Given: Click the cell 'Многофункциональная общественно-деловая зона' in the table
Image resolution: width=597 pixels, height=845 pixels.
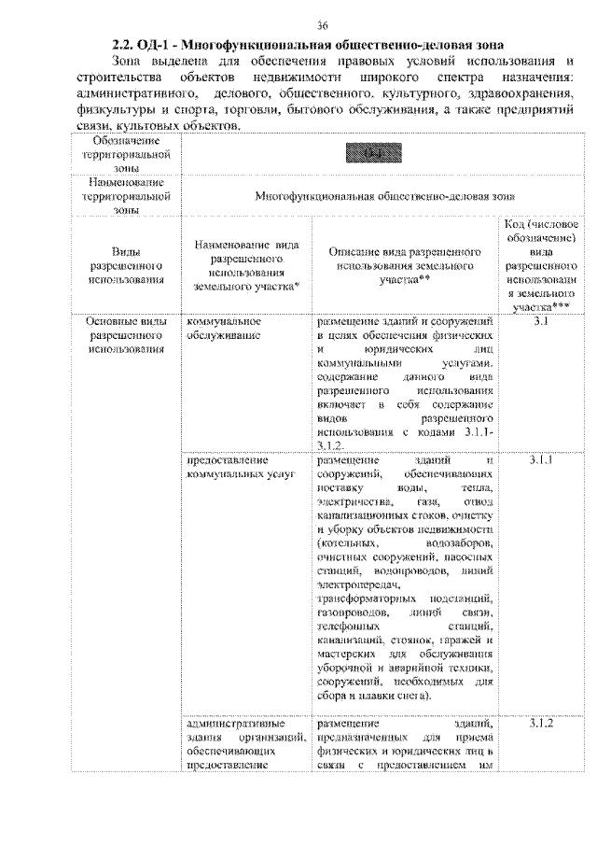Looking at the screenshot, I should click(385, 197).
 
